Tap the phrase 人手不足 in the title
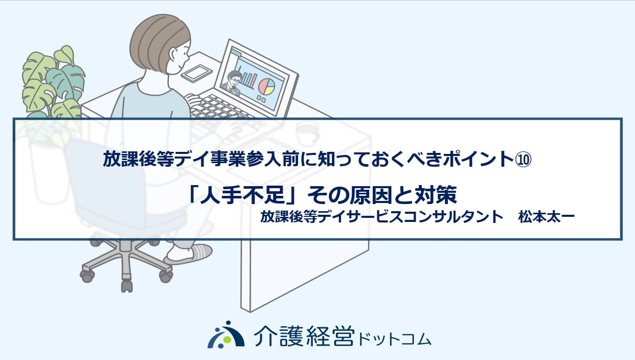(243, 195)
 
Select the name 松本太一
(546, 217)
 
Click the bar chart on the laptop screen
(248, 77)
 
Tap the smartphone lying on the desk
(196, 73)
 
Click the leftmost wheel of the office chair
(87, 276)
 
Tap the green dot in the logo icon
(226, 339)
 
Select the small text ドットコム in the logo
(395, 340)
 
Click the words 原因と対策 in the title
(403, 195)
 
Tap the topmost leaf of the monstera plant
(64, 55)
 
